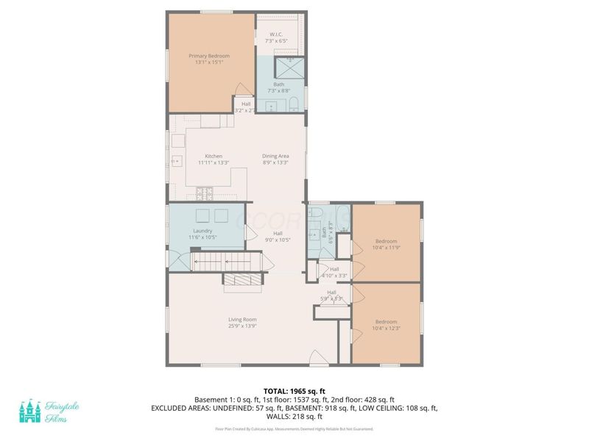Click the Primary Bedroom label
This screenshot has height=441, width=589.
pos(209,60)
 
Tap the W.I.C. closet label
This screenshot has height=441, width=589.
pos(276,38)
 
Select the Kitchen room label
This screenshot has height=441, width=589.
pos(214,159)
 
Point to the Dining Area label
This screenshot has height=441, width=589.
pos(275,159)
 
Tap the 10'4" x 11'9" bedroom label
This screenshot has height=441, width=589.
pos(386,245)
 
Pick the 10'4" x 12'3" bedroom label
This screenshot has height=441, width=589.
pos(386,326)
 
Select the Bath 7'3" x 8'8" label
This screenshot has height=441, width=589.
pos(278,87)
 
